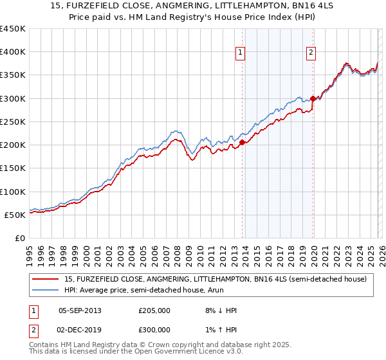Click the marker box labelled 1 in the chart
[x=240, y=53]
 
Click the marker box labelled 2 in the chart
[x=311, y=53]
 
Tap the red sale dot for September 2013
[x=242, y=143]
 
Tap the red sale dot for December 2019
[x=313, y=98]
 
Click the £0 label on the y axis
[x=20, y=239]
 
